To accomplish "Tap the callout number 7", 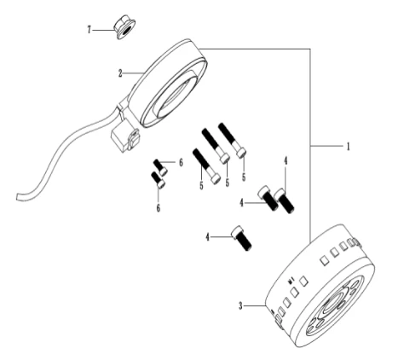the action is [89, 30].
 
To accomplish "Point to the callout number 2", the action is [120, 73].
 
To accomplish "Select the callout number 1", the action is [348, 147].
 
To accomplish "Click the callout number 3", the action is [240, 306].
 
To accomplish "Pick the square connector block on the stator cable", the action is [125, 139].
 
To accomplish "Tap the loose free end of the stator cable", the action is [20, 197].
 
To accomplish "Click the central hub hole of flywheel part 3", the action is [335, 305].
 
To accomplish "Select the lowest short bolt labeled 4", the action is [242, 238].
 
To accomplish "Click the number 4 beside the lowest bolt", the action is [208, 237].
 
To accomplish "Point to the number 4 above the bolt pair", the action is [286, 160].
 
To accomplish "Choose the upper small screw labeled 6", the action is [160, 167].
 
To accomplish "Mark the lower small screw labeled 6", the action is [158, 180].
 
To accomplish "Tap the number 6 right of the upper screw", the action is [181, 163].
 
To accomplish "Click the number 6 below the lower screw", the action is [159, 208].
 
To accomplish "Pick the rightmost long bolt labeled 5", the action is [232, 140].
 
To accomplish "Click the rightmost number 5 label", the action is [244, 177].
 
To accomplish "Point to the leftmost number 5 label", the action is [201, 186].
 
